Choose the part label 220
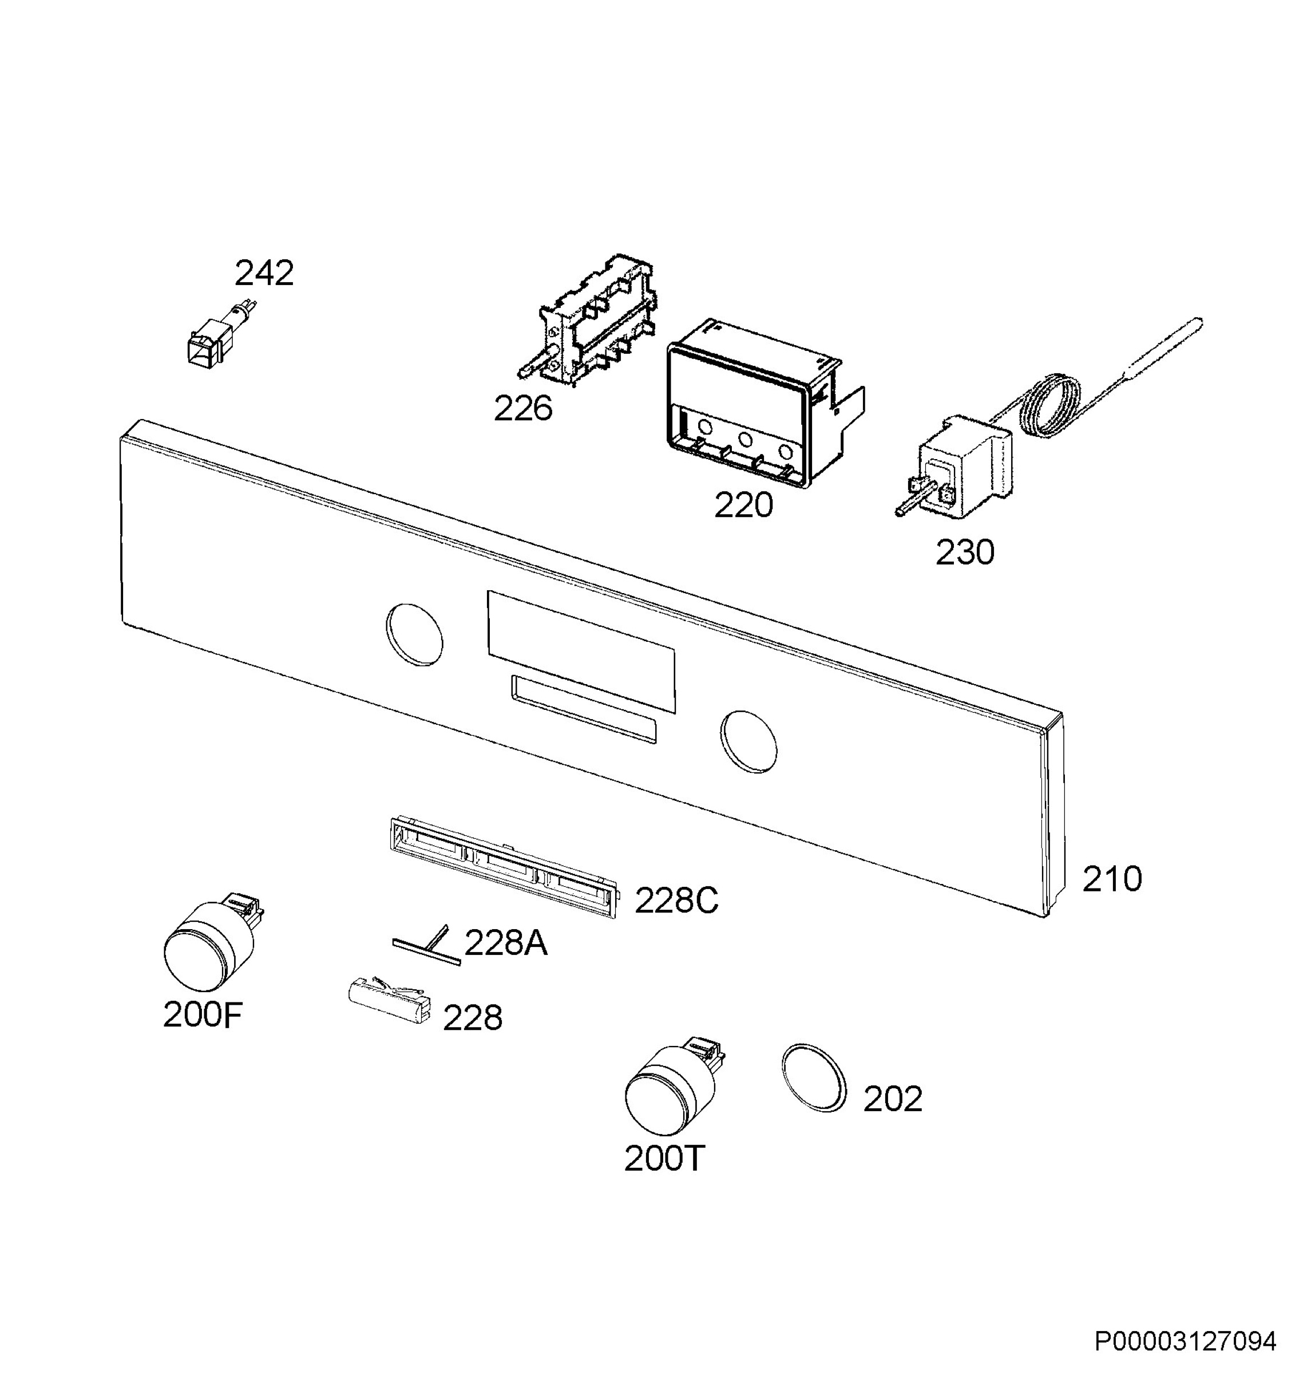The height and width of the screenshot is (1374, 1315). (x=743, y=505)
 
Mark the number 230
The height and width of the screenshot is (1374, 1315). (x=965, y=552)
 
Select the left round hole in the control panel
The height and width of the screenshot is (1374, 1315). (x=414, y=634)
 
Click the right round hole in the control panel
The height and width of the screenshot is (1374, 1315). (x=748, y=742)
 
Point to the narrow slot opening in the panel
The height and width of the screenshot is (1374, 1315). (x=584, y=709)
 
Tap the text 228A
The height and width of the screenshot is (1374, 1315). (x=506, y=943)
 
